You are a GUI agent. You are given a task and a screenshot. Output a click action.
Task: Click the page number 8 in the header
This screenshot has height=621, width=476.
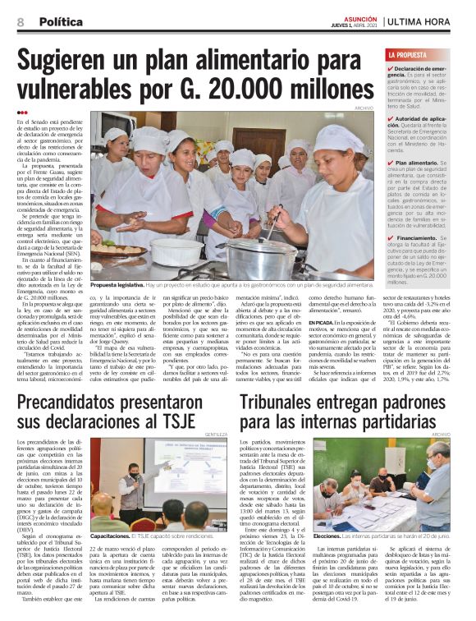(x=20, y=21)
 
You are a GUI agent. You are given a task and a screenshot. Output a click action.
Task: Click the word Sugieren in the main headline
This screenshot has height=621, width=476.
(x=79, y=60)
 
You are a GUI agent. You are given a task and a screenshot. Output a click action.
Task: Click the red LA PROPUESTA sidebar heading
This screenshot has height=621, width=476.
(x=409, y=55)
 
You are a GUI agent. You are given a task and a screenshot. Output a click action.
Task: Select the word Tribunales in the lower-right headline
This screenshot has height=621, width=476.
(x=283, y=402)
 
